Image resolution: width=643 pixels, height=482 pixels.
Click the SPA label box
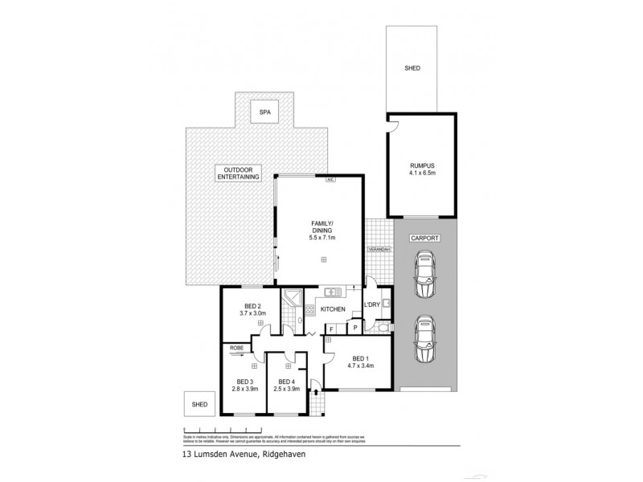click(261, 113)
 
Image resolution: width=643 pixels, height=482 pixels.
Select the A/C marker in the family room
click(330, 180)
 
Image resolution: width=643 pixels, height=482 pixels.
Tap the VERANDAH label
click(379, 250)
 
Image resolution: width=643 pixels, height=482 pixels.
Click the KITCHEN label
click(333, 308)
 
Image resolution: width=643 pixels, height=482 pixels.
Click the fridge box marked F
click(331, 329)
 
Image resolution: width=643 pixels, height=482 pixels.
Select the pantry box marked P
click(354, 329)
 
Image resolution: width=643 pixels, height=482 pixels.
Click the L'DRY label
click(371, 305)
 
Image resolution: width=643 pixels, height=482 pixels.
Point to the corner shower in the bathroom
click(292, 297)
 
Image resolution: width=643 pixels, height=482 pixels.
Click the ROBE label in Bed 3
click(236, 347)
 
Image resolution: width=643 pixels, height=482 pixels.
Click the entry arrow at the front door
click(315, 393)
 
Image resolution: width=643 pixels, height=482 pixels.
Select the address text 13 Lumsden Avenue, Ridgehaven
click(233, 454)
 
